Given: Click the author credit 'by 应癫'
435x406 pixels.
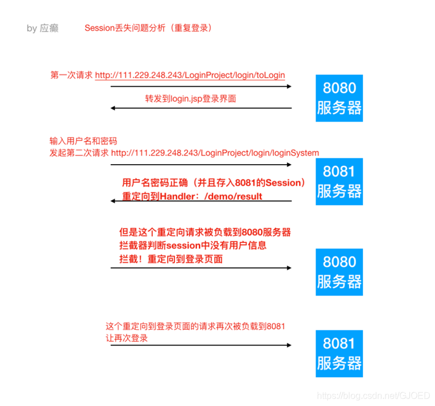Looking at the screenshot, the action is [43, 28].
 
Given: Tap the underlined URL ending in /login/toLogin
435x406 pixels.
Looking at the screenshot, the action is [190, 75].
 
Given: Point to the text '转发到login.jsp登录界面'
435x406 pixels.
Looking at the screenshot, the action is [190, 98].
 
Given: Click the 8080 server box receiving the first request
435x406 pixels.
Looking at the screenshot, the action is [339, 98].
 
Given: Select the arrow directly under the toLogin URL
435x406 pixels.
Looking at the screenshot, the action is [201, 86].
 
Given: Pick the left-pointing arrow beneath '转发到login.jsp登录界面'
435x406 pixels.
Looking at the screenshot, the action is [201, 108].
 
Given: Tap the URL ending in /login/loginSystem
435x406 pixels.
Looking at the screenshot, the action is [215, 153].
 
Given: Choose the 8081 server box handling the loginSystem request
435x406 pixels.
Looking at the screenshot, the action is [339, 181].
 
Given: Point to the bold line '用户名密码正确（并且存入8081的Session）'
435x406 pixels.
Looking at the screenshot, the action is [214, 183].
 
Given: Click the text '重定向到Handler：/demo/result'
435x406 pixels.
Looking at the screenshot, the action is [193, 196].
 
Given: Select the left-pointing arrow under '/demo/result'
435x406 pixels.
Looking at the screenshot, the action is [201, 201].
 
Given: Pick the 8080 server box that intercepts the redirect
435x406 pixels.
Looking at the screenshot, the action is [339, 271].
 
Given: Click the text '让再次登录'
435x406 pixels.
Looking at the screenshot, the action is [127, 338].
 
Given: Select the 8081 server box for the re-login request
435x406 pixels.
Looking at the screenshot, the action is [339, 353].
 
